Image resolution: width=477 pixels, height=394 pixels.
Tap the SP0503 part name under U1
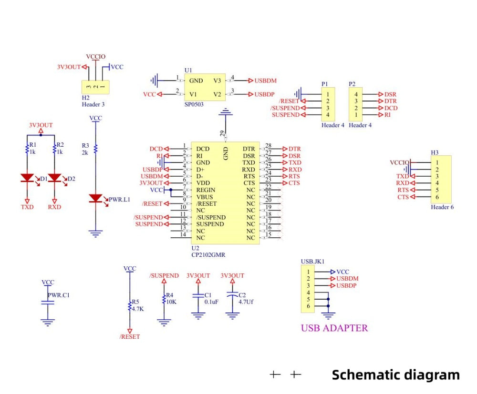click(x=194, y=103)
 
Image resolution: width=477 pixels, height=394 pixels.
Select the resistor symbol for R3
click(x=95, y=149)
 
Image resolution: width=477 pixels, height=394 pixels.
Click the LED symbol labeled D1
click(x=27, y=178)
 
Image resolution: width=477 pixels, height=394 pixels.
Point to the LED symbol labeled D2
click(x=54, y=178)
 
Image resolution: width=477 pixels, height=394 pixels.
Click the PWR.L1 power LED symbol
click(x=95, y=198)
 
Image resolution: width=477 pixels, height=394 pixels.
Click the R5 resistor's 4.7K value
click(x=138, y=308)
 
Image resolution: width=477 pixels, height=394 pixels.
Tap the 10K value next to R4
click(x=172, y=302)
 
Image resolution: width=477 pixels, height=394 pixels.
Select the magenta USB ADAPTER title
click(x=334, y=328)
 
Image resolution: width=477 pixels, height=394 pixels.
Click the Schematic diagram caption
click(x=395, y=374)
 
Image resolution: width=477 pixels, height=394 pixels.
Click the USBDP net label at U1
click(x=264, y=94)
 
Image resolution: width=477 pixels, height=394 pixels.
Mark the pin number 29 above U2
click(x=222, y=134)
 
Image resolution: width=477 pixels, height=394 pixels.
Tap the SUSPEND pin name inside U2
click(x=210, y=224)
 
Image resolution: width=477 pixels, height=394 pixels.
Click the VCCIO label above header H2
click(x=95, y=57)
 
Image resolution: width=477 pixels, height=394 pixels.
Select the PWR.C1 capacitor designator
click(x=59, y=295)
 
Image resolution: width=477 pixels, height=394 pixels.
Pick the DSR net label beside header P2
click(x=390, y=94)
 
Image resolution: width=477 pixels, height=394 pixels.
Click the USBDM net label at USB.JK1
click(x=347, y=278)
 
